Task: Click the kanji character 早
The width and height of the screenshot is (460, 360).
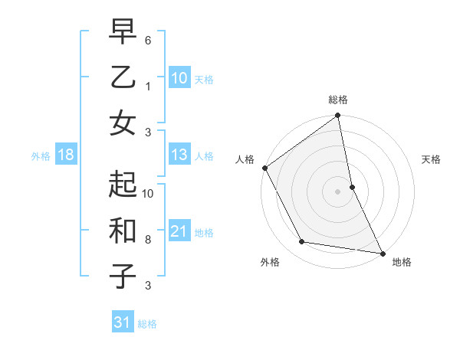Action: [x=123, y=32]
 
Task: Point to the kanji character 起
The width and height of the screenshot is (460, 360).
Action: [x=123, y=185]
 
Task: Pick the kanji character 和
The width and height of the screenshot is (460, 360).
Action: [x=123, y=231]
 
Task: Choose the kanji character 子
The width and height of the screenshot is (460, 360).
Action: [x=123, y=276]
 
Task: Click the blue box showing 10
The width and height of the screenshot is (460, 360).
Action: [x=179, y=77]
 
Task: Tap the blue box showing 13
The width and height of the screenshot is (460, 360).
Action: [x=179, y=155]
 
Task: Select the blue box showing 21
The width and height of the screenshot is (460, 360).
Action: [x=179, y=231]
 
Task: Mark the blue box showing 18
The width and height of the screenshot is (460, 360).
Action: [x=66, y=155]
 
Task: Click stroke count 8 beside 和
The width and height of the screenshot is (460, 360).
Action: [x=148, y=239]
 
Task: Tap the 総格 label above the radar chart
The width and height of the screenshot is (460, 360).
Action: [x=338, y=100]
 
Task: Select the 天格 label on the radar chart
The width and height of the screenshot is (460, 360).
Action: [x=432, y=159]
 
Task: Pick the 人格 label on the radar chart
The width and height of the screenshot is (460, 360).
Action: [x=245, y=159]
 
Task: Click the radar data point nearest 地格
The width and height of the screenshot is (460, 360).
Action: [x=382, y=253]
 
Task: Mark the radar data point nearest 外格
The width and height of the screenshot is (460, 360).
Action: [x=301, y=243]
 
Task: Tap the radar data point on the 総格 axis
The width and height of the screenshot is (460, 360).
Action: [x=338, y=116]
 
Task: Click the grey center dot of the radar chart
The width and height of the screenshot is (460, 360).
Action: [x=338, y=191]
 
